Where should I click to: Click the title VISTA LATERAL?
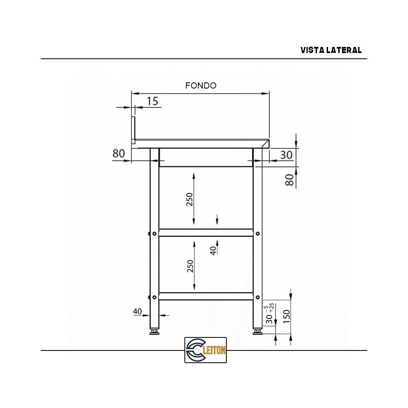coord(331,50)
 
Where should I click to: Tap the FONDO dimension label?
coord(201,86)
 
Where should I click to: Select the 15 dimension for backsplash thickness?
coord(152,101)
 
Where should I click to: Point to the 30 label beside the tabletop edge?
coord(286,155)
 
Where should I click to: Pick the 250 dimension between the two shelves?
coord(190,266)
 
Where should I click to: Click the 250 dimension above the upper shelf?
coord(190,199)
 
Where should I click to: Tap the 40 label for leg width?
coord(137,312)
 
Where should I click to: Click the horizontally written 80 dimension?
coord(118,153)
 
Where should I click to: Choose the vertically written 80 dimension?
coord(289,180)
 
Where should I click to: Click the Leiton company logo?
coord(206,350)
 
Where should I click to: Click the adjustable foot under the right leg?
coord(257,332)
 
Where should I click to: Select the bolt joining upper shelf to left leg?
coord(154,233)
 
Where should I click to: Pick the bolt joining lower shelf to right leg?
coord(257,297)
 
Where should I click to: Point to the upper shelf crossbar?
coord(206,233)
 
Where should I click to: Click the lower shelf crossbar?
coord(206,296)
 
